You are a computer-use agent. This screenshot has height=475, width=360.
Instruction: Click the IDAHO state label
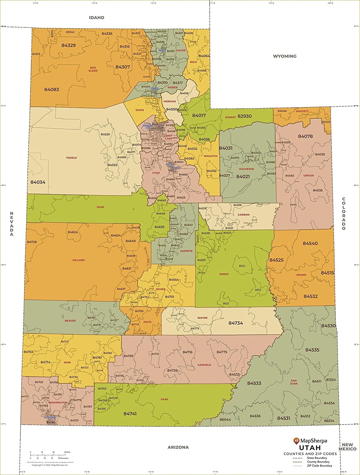[96, 18]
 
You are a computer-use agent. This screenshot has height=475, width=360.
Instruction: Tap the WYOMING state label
[285, 56]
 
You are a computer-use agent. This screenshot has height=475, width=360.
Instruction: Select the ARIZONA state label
[178, 447]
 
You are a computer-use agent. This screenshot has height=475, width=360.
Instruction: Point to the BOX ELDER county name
[93, 69]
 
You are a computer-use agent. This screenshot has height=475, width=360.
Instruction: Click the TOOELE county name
[71, 158]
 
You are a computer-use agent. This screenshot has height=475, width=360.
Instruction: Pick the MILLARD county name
[78, 260]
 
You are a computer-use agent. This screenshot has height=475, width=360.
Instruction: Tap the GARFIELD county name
[204, 365]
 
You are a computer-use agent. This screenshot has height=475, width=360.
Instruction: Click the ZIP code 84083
[52, 90]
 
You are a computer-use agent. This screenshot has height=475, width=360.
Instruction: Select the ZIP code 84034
[38, 182]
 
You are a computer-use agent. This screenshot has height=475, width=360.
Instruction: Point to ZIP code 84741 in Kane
[130, 414]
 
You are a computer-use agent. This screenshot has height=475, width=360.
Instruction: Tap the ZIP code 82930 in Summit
[245, 116]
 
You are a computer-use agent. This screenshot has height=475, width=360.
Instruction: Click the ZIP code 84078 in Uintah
[305, 136]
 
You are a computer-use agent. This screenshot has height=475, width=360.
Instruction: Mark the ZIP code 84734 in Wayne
[236, 323]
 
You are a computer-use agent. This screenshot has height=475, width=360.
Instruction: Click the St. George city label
[50, 417]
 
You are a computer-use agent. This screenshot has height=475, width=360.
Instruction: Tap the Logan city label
[162, 50]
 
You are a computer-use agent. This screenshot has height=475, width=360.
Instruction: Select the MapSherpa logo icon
[296, 440]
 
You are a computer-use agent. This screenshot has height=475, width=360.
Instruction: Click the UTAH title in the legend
[310, 448]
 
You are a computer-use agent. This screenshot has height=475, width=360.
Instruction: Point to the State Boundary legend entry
[317, 458]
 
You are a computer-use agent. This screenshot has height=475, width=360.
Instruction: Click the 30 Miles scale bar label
[67, 452]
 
